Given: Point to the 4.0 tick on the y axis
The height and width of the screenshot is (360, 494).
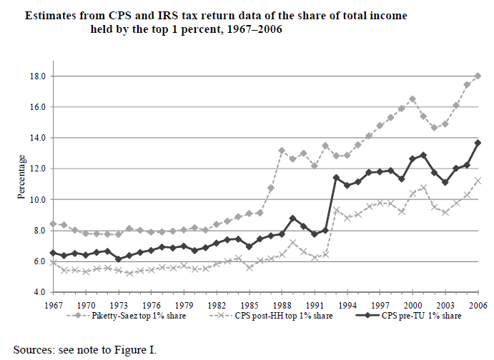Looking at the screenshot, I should pyautogui.click(x=38, y=292).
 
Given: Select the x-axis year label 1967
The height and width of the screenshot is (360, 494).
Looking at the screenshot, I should pyautogui.click(x=53, y=304).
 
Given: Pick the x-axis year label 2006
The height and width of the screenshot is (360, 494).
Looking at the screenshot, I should pyautogui.click(x=478, y=304).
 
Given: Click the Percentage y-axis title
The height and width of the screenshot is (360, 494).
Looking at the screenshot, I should pyautogui.click(x=21, y=184).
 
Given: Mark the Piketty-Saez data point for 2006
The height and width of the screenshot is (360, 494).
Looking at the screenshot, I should pyautogui.click(x=478, y=76).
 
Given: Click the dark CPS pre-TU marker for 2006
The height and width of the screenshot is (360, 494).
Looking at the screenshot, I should pyautogui.click(x=478, y=143).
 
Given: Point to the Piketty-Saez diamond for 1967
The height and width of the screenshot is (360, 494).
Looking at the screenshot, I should pyautogui.click(x=53, y=224).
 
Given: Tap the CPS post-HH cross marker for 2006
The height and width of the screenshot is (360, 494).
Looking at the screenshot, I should pyautogui.click(x=478, y=180).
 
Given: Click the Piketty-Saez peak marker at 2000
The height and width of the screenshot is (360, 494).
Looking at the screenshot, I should pyautogui.click(x=413, y=99).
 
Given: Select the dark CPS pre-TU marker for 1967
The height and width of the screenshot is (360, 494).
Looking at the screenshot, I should pyautogui.click(x=53, y=253).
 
